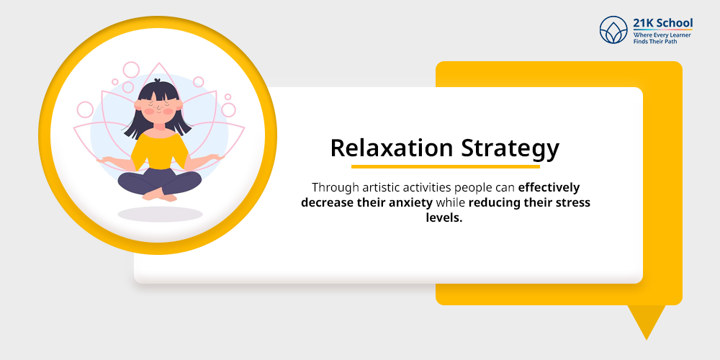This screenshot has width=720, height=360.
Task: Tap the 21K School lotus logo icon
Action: [613, 30]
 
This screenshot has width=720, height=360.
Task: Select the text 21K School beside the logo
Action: [662, 23]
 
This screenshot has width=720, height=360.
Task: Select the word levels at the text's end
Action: [444, 217]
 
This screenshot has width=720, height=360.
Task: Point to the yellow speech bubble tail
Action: [645, 321]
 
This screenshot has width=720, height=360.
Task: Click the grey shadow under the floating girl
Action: [160, 214]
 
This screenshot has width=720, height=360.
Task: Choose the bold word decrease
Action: [328, 202]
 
